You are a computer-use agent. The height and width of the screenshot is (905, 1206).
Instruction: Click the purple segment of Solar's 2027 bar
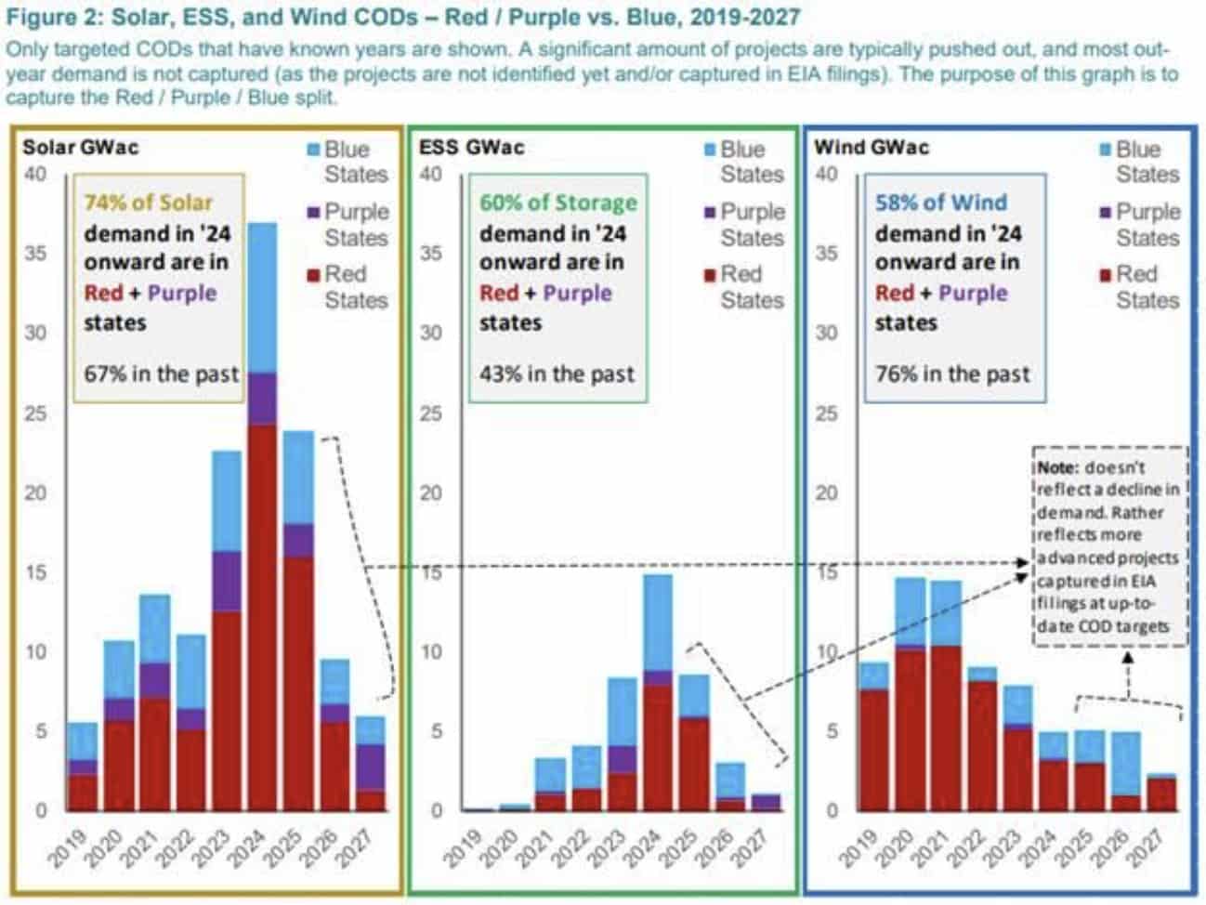click(371, 767)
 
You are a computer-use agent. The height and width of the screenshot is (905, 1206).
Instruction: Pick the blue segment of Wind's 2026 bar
click(1126, 763)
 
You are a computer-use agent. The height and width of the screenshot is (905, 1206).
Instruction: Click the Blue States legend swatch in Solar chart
click(313, 150)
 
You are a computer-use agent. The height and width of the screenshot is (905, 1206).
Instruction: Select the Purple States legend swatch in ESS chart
click(710, 213)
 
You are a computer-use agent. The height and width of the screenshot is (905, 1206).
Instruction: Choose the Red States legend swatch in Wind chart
click(1105, 275)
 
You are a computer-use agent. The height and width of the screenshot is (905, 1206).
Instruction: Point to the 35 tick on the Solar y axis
click(34, 253)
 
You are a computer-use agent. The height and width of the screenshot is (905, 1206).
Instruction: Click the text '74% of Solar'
click(149, 203)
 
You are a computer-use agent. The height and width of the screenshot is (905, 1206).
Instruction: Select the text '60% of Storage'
click(557, 203)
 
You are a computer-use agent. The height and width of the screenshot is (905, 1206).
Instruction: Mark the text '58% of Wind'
click(940, 203)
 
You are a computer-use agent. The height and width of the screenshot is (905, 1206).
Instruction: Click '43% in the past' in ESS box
click(557, 374)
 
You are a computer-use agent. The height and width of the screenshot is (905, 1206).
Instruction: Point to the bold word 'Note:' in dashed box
click(1059, 467)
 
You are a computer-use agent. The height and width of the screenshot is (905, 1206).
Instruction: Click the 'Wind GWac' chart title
click(871, 147)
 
